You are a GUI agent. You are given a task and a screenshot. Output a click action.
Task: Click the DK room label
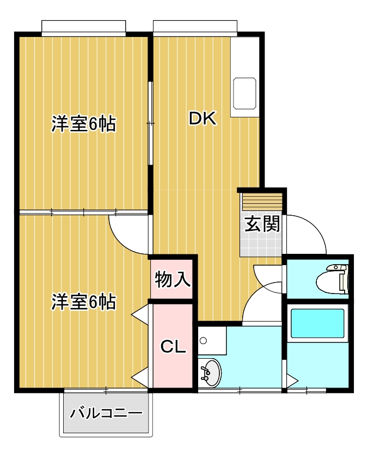(x=203, y=118)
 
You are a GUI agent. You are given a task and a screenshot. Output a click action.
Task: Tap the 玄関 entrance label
(x=262, y=223)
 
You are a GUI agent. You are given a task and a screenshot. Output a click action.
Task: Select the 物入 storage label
(x=173, y=279)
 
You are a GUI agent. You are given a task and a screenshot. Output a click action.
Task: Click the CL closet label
(x=173, y=346)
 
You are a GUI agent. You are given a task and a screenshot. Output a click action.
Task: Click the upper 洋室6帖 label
(x=84, y=124)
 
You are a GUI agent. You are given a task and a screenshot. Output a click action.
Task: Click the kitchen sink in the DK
(x=244, y=92)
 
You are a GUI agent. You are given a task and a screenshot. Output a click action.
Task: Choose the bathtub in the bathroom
(x=317, y=323)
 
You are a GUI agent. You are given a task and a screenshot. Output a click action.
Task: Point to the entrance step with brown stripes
(x=262, y=203)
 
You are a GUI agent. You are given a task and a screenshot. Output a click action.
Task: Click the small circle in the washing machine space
(x=203, y=341)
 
